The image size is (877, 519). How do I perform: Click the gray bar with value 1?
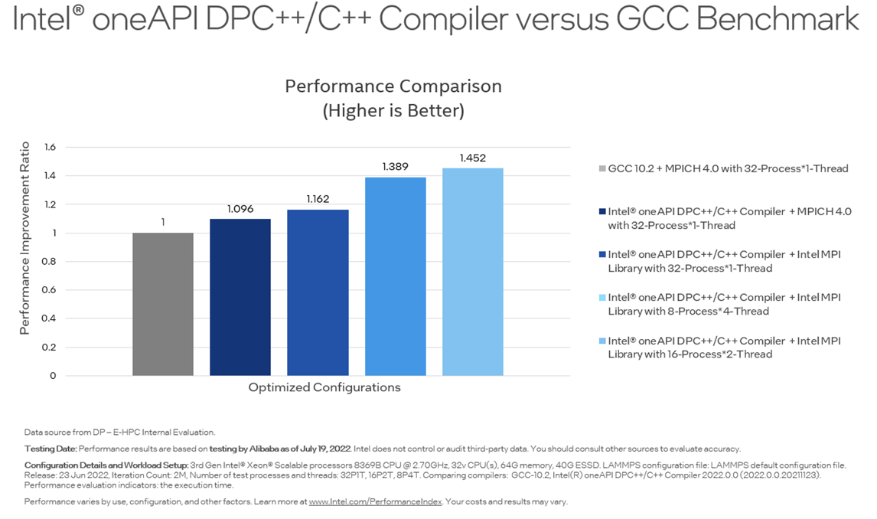click(x=163, y=304)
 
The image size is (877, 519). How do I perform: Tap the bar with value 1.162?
click(x=318, y=292)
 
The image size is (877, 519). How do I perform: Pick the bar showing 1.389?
click(x=395, y=276)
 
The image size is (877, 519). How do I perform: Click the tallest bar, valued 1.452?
click(x=472, y=272)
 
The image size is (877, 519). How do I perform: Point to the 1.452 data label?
click(x=472, y=158)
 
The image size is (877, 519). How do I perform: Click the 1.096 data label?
click(x=240, y=209)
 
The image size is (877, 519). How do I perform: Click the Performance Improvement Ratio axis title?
click(x=24, y=238)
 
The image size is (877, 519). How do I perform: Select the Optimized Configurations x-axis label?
click(x=324, y=387)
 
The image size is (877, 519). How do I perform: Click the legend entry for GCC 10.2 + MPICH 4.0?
click(x=727, y=168)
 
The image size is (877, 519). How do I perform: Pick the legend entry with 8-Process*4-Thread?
click(x=723, y=304)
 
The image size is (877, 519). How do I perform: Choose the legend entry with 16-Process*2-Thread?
click(x=723, y=348)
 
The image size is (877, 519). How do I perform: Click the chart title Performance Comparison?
click(x=393, y=86)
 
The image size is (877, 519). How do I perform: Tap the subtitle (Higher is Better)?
click(x=393, y=111)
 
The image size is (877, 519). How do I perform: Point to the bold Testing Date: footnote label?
click(x=51, y=449)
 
